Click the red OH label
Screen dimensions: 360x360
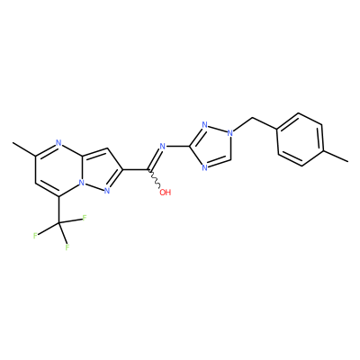[x=165, y=193]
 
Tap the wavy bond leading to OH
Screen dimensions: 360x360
[x=155, y=179]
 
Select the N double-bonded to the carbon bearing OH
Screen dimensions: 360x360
[x=163, y=147]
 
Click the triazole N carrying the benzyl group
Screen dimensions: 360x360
[x=230, y=132]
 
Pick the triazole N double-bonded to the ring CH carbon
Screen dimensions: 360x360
[x=205, y=167]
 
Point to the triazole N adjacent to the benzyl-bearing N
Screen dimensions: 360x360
[x=205, y=124]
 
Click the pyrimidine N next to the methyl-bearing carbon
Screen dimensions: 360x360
[x=58, y=142]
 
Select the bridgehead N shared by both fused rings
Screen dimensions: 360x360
[x=82, y=182]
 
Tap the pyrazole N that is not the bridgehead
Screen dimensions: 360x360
[x=107, y=191]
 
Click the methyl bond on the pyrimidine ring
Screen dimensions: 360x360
[x=24, y=149]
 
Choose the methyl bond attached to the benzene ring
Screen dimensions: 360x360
[x=336, y=156]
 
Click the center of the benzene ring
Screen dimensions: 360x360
[x=300, y=139]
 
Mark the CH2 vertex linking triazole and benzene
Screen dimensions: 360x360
[x=254, y=118]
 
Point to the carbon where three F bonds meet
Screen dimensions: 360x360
[x=58, y=223]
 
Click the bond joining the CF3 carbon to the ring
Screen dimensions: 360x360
[x=58, y=210]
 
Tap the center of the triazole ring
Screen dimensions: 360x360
[x=212, y=146]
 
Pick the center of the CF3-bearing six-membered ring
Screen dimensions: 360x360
[x=58, y=169]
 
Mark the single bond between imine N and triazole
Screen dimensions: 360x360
[x=178, y=147]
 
